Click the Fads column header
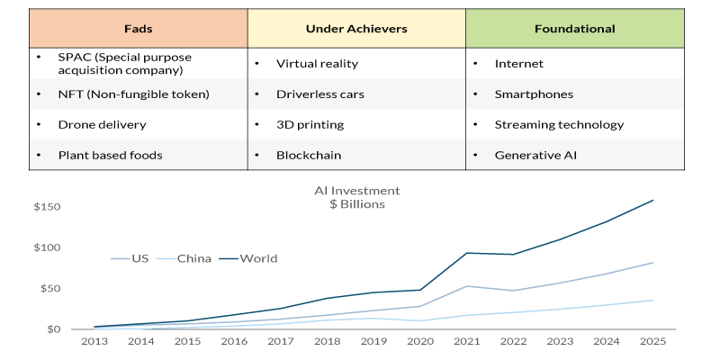[139, 29]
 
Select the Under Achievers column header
[356, 29]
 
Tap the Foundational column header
[574, 29]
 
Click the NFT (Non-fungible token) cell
[133, 94]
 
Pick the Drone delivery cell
[102, 125]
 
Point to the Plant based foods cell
[110, 155]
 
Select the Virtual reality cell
[317, 64]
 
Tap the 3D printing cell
[310, 125]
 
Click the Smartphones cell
[534, 94]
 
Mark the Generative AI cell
[535, 155]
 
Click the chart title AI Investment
[357, 191]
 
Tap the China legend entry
[194, 259]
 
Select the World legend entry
[259, 259]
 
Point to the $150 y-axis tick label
[47, 208]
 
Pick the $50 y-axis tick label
[49, 289]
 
